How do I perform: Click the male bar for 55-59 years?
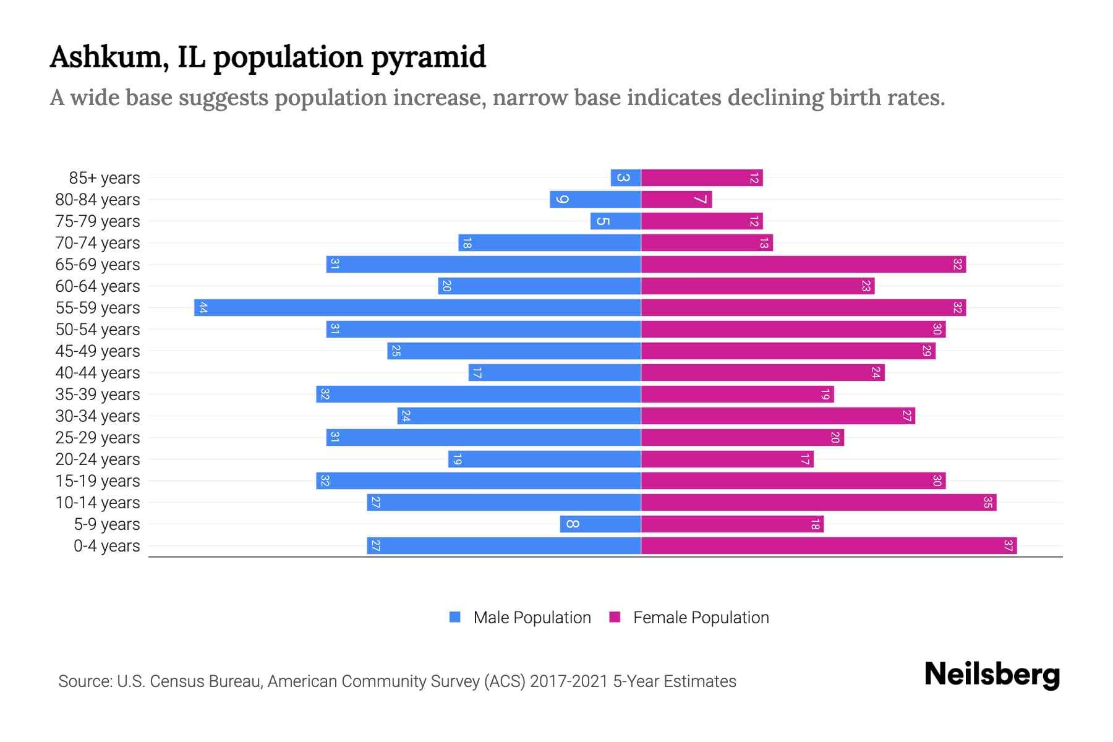417,307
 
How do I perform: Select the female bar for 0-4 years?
829,545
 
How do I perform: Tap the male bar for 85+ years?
625,177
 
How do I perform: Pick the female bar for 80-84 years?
676,199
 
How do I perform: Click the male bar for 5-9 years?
600,524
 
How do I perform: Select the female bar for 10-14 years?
818,502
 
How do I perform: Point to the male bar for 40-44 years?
554,372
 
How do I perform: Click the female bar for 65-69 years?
803,264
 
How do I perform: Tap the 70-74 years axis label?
98,243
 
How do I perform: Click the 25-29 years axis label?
98,438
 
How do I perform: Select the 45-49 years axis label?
98,351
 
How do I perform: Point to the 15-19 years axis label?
98,481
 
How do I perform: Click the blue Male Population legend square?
455,617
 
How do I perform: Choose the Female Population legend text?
701,618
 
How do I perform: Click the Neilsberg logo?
992,675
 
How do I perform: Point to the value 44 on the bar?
203,308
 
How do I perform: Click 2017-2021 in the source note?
569,681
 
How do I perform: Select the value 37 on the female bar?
1008,545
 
